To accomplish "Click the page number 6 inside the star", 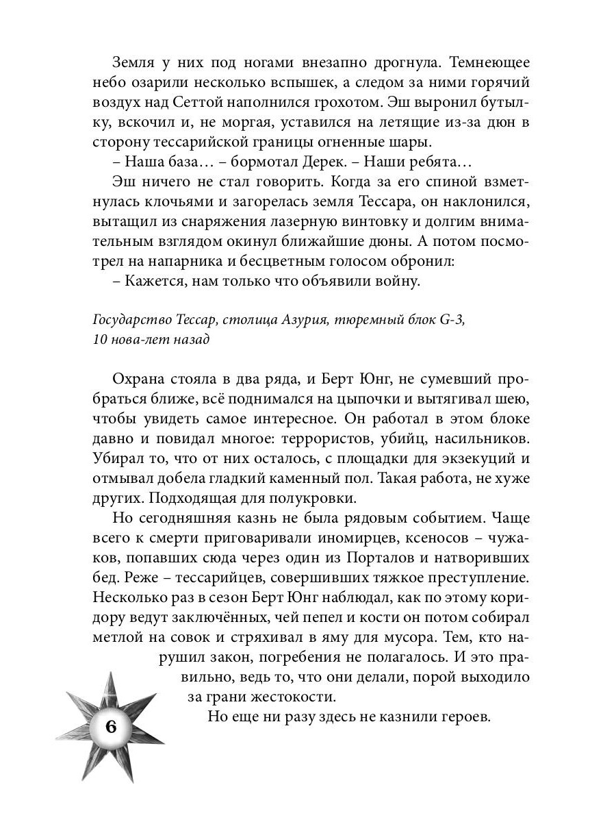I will coord(112,727).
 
